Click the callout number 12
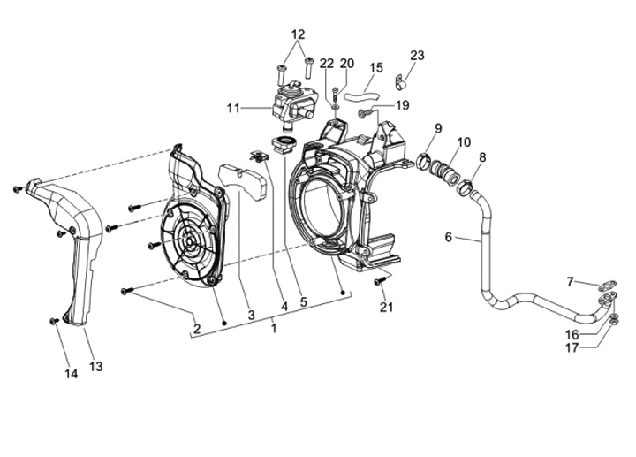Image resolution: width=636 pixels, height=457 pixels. [x=298, y=34]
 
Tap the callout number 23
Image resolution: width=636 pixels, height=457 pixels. [x=417, y=55]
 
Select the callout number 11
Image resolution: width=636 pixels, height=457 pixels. [x=233, y=109]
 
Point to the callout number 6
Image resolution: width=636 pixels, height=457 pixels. [x=448, y=237]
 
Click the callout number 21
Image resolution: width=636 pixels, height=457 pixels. [x=386, y=307]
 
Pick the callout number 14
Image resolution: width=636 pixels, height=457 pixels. [x=72, y=374]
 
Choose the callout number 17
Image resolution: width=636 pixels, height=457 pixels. [x=572, y=347]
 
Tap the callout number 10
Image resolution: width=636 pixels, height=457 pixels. [x=464, y=142]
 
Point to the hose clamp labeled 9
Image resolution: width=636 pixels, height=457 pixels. [x=423, y=159]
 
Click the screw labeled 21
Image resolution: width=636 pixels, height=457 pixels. [x=380, y=281]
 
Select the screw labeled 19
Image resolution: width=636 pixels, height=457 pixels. [x=363, y=114]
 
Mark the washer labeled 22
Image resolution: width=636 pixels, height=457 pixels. [x=335, y=106]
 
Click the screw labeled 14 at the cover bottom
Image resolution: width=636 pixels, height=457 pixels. [x=53, y=322]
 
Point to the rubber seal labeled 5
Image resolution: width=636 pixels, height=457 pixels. [x=284, y=144]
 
